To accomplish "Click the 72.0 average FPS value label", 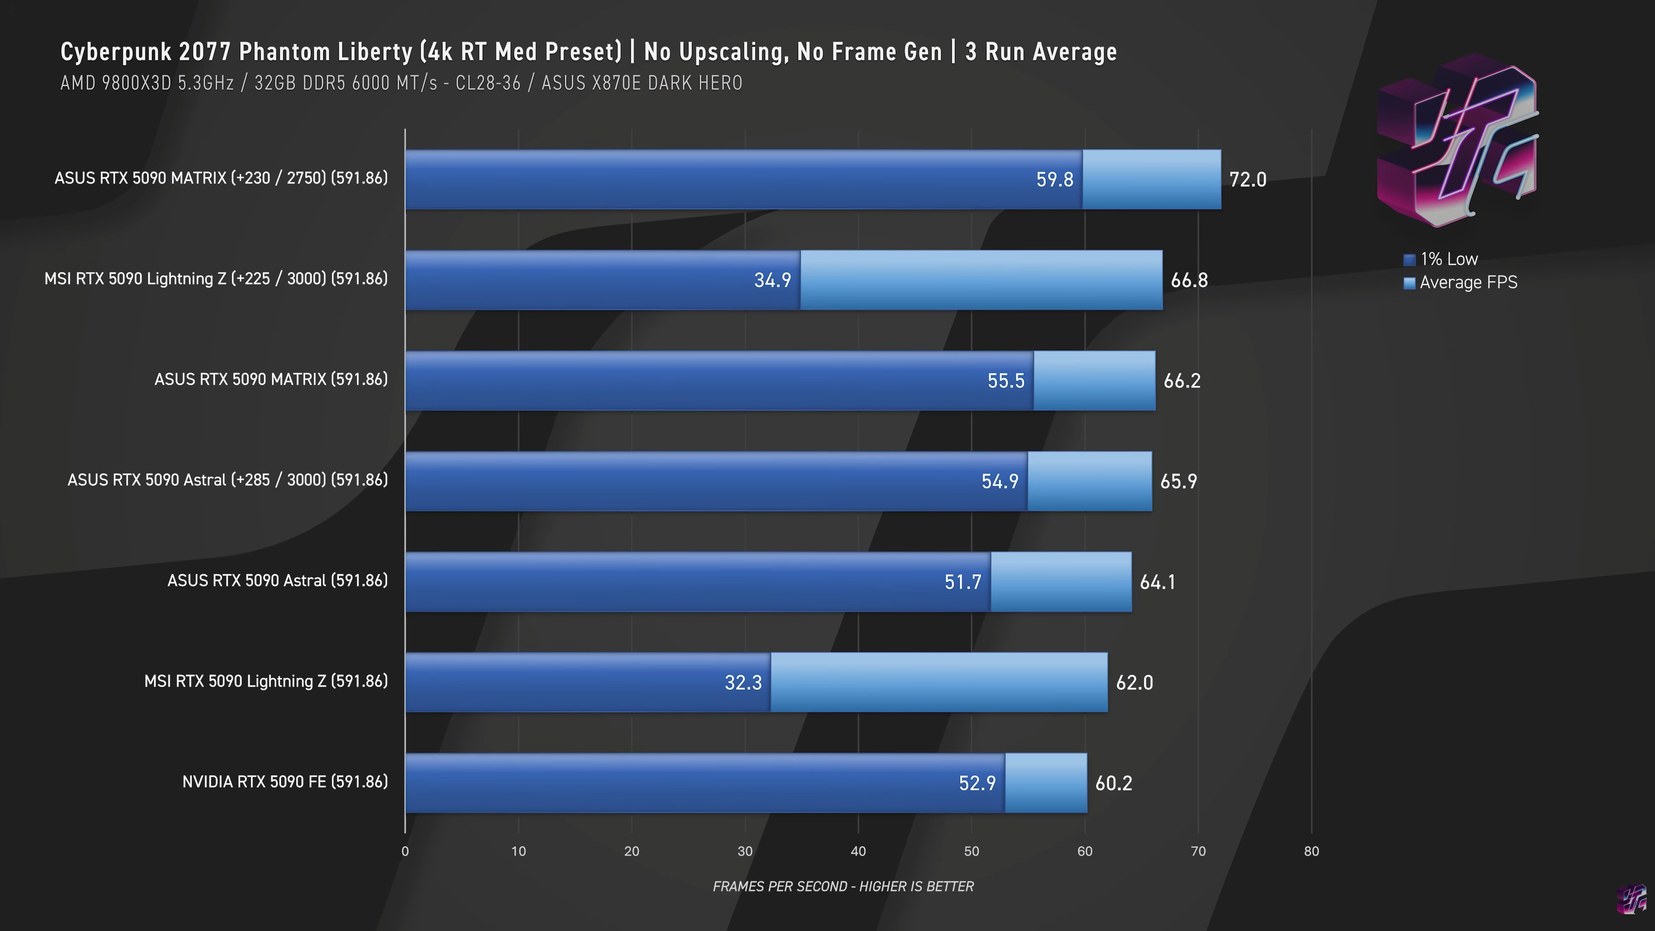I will point(1248,179).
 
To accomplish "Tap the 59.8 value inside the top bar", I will point(1054,179).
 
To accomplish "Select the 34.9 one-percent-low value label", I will point(772,280).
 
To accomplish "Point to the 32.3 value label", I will point(743,682).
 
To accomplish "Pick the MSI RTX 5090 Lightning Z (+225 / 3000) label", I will point(216,279).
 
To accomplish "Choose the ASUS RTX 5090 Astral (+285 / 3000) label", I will point(228,480).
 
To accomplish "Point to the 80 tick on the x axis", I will point(1311,851).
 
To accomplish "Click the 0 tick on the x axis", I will point(405,851).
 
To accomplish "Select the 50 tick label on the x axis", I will point(971,851).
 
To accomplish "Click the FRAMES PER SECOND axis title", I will point(843,887).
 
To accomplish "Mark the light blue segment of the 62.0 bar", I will point(939,682).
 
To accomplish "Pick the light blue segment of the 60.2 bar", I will point(1045,783).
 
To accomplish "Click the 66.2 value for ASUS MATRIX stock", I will point(1182,381).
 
